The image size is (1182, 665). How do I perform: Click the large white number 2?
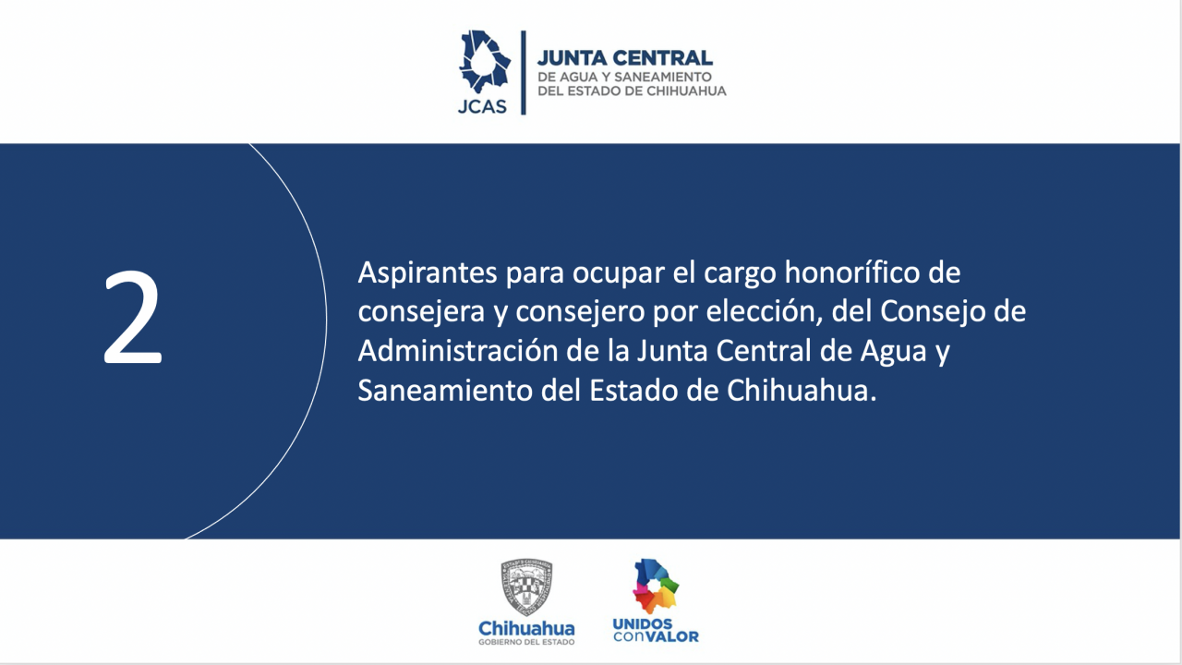(x=133, y=317)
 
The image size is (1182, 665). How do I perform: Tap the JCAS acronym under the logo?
(x=482, y=106)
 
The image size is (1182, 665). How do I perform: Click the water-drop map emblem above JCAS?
(x=485, y=62)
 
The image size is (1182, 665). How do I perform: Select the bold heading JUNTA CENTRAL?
(x=625, y=58)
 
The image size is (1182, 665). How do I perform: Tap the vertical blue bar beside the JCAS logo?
(x=524, y=72)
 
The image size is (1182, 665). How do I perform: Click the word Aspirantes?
(x=428, y=273)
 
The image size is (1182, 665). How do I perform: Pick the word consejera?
(x=421, y=312)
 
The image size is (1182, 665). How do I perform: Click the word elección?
(x=765, y=311)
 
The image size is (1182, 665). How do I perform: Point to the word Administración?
(x=457, y=351)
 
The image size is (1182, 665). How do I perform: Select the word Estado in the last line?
(x=633, y=391)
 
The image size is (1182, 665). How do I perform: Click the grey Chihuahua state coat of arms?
(x=526, y=586)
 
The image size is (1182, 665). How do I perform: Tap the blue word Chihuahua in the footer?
(x=526, y=629)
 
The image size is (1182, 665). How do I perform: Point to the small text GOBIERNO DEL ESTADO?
(x=526, y=642)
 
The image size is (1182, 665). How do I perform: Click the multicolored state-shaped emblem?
(x=656, y=586)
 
